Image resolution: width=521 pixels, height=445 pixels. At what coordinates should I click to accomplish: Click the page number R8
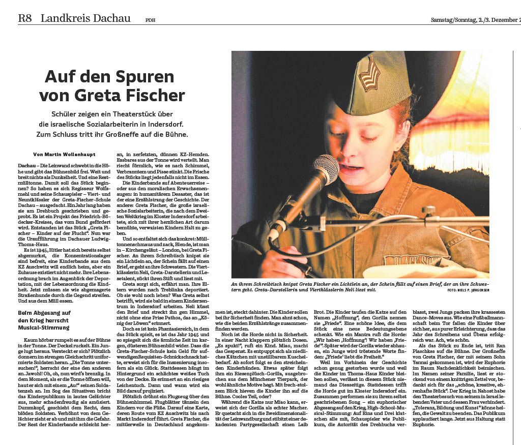(25, 19)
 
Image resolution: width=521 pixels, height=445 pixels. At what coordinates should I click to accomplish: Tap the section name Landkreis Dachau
(85, 19)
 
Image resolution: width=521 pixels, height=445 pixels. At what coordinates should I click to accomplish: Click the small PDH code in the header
(150, 20)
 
